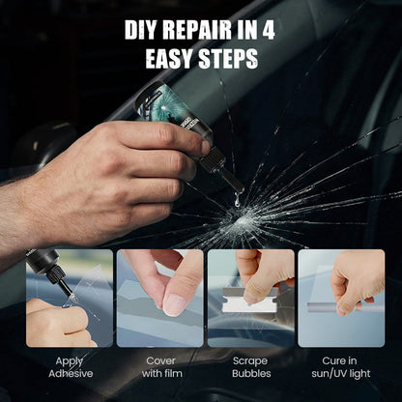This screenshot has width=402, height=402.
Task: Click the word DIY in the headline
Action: coord(143,30)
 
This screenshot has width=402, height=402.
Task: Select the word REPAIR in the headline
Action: coord(204,30)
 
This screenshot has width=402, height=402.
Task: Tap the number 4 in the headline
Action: coord(268,30)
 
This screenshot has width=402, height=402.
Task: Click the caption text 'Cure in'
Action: coord(339,359)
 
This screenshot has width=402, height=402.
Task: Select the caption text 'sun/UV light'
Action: coord(339,373)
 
